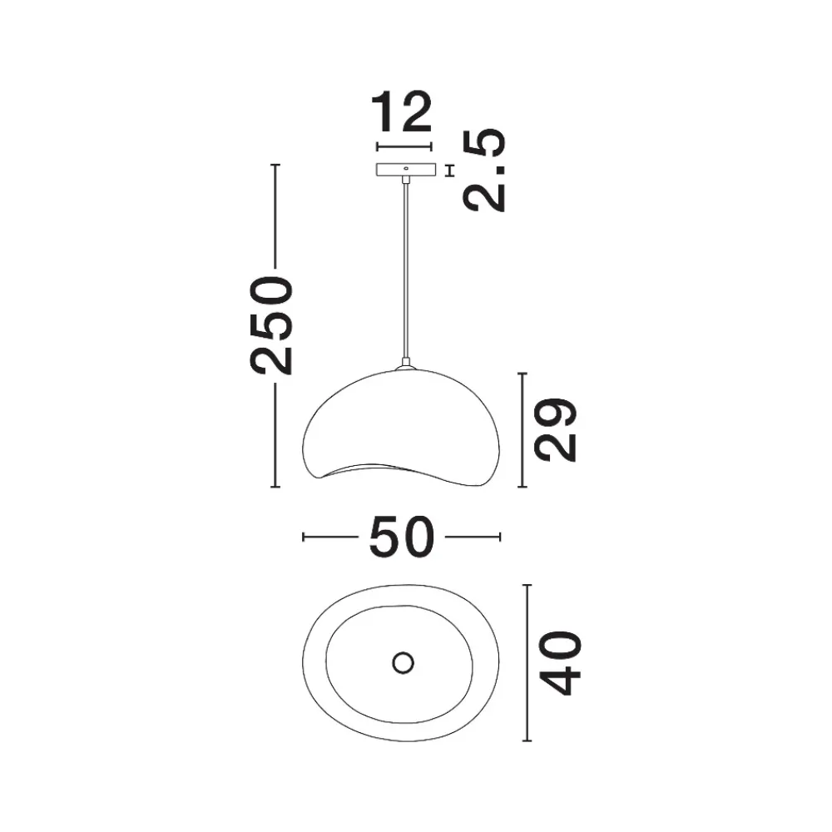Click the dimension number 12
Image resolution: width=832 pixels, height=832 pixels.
click(x=402, y=112)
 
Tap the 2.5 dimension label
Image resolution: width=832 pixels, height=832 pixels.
click(x=485, y=171)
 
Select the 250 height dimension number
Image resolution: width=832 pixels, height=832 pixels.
click(x=272, y=325)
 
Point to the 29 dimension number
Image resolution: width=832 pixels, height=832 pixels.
click(x=555, y=430)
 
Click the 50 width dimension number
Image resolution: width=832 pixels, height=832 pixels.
click(x=402, y=537)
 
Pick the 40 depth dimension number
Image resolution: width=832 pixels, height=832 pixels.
click(x=560, y=663)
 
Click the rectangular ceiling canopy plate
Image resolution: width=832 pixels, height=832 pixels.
click(x=406, y=169)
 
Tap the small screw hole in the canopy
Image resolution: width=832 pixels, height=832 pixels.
click(x=406, y=168)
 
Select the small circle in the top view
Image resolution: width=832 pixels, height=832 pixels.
click(x=404, y=663)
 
